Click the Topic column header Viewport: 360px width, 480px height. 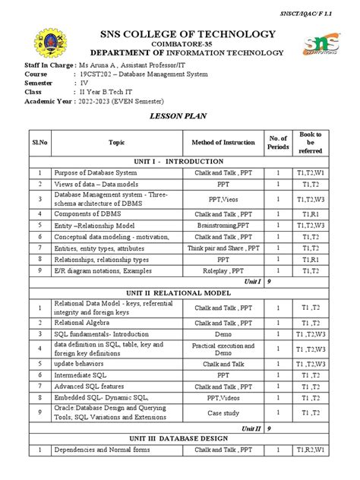point(116,142)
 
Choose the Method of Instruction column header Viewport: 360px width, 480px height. point(223,142)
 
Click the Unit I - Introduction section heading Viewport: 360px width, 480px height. point(179,162)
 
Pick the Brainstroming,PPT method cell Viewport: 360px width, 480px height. point(223,226)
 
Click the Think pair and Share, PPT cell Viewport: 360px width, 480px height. point(223,248)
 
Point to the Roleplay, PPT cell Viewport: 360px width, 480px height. point(223,270)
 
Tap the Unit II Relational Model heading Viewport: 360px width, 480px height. point(179,292)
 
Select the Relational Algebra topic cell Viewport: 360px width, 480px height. point(83,322)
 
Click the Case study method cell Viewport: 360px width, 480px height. point(223,412)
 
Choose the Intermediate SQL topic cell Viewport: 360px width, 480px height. point(81,375)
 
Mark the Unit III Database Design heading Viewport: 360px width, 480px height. point(179,439)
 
